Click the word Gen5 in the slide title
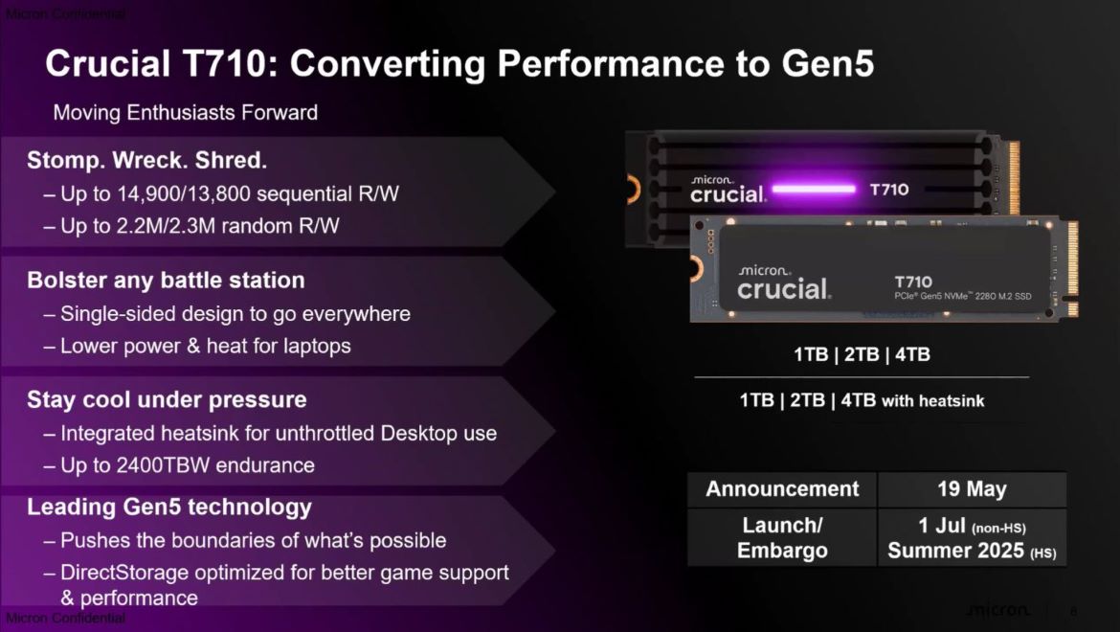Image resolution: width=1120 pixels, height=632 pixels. (x=828, y=63)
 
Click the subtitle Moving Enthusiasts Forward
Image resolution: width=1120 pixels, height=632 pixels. (x=186, y=112)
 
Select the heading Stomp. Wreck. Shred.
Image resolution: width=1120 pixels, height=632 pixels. (x=146, y=160)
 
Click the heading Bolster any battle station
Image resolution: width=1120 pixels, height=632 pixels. (x=166, y=280)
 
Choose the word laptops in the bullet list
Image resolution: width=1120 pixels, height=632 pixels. (x=317, y=347)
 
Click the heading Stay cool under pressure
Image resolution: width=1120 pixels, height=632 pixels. (x=167, y=400)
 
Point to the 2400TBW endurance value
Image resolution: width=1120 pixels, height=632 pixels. (x=163, y=465)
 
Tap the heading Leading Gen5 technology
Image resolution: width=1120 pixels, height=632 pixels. (x=169, y=508)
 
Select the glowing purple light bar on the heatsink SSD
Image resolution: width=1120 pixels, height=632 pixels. (x=814, y=190)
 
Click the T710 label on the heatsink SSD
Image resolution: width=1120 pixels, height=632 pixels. (x=889, y=190)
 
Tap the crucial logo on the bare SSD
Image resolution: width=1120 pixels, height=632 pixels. (x=784, y=284)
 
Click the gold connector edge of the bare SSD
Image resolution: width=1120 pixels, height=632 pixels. (x=1071, y=268)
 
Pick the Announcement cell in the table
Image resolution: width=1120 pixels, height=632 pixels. (x=782, y=489)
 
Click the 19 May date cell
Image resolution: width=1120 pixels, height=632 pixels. (x=973, y=489)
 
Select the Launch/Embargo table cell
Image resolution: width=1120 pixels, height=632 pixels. (x=782, y=538)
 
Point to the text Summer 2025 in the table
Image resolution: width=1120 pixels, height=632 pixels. (x=955, y=551)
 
